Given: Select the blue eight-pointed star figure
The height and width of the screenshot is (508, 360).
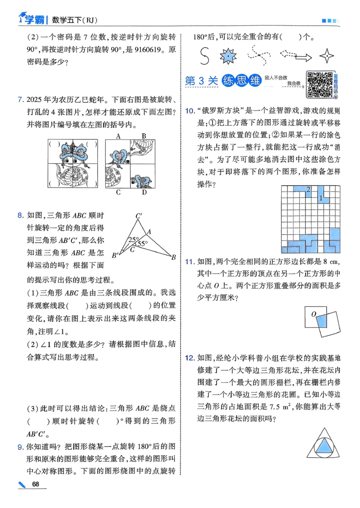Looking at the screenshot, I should [228, 56].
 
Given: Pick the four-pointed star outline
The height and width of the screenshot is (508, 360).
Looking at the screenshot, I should [327, 56].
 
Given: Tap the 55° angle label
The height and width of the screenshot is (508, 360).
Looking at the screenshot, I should [142, 244].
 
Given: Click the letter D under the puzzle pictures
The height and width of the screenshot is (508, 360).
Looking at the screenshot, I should [144, 193].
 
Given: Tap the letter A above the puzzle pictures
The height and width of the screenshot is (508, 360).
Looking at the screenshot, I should [118, 136].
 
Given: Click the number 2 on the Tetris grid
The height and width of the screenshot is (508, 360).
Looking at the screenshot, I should [308, 189].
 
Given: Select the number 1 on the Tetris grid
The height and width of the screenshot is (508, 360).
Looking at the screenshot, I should [320, 197].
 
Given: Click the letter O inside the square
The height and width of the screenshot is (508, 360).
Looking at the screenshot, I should [314, 313].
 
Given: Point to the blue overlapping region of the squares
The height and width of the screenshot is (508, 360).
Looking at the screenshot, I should [320, 322].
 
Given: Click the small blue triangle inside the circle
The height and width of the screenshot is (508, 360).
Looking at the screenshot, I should [323, 446].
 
